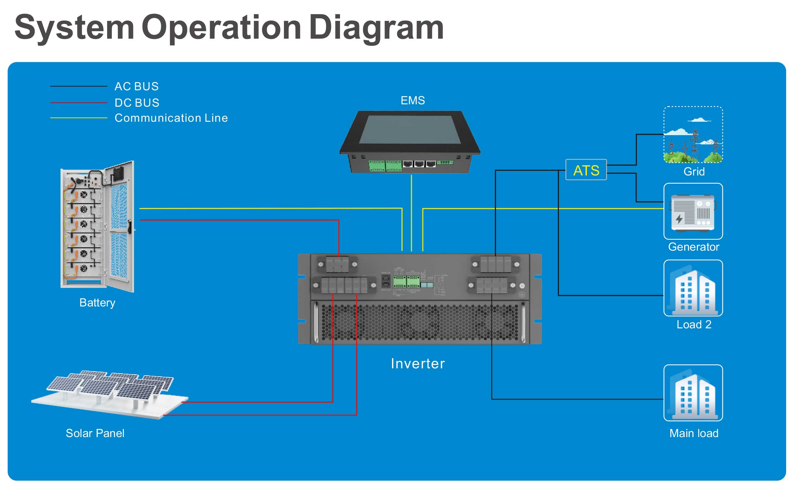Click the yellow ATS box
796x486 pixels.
pos(586,170)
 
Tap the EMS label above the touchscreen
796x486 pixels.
pos(413,100)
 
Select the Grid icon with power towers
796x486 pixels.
pos(693,135)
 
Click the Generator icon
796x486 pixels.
pos(693,211)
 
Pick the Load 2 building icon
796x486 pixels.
pos(693,288)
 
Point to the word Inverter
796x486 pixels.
pos(418,363)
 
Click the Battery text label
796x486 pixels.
pos(97,303)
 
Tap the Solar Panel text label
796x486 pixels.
pos(95,433)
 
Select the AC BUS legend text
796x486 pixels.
pos(136,86)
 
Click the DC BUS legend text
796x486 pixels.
pos(137,103)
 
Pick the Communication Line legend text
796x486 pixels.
pos(171,118)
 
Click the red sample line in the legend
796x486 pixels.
pos(79,103)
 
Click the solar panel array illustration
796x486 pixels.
pos(109,393)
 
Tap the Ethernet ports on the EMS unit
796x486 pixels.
pos(419,164)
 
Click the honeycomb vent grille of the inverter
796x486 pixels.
pos(420,323)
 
